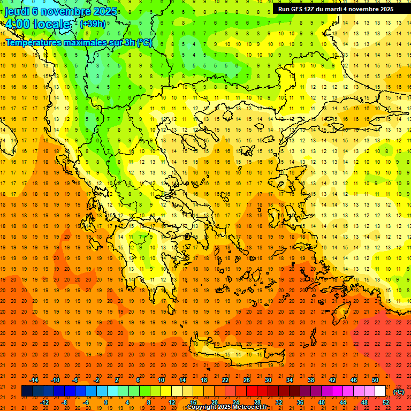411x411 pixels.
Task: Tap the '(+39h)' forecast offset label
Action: (x=93, y=24)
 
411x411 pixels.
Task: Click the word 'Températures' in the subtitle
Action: (x=33, y=42)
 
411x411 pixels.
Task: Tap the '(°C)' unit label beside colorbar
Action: (x=399, y=391)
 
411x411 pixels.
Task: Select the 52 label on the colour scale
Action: (x=386, y=402)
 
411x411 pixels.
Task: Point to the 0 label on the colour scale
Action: (x=106, y=402)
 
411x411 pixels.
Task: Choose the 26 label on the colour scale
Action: (x=247, y=380)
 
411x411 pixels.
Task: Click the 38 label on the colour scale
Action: (x=311, y=380)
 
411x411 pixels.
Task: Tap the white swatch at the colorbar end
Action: (x=380, y=391)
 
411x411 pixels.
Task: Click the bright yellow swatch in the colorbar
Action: (x=166, y=391)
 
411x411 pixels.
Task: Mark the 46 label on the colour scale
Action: (x=354, y=380)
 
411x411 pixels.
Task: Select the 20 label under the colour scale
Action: (x=215, y=402)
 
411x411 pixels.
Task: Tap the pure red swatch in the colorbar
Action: (x=252, y=391)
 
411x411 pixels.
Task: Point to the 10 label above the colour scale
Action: (x=161, y=380)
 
